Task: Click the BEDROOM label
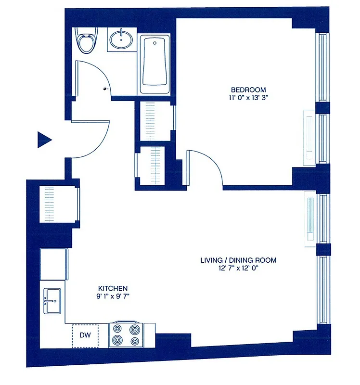tap(248, 90)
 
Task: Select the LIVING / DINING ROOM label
tap(238, 260)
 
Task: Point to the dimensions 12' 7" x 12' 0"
tap(238, 269)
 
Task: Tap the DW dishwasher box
tap(85, 335)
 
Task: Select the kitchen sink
tap(52, 300)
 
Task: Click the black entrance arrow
tap(44, 140)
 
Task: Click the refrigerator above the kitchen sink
tap(53, 264)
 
